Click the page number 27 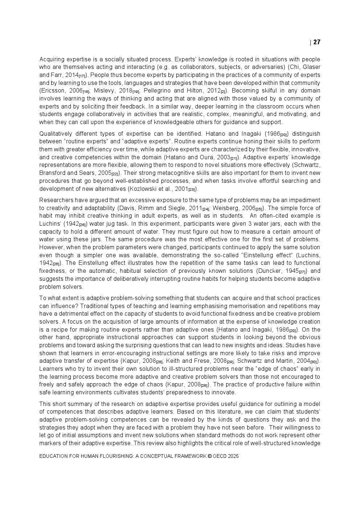point(316,42)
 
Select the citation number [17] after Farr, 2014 point(82,76)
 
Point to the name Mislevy point(105,91)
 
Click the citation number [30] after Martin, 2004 point(314,362)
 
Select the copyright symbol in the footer point(209,456)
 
